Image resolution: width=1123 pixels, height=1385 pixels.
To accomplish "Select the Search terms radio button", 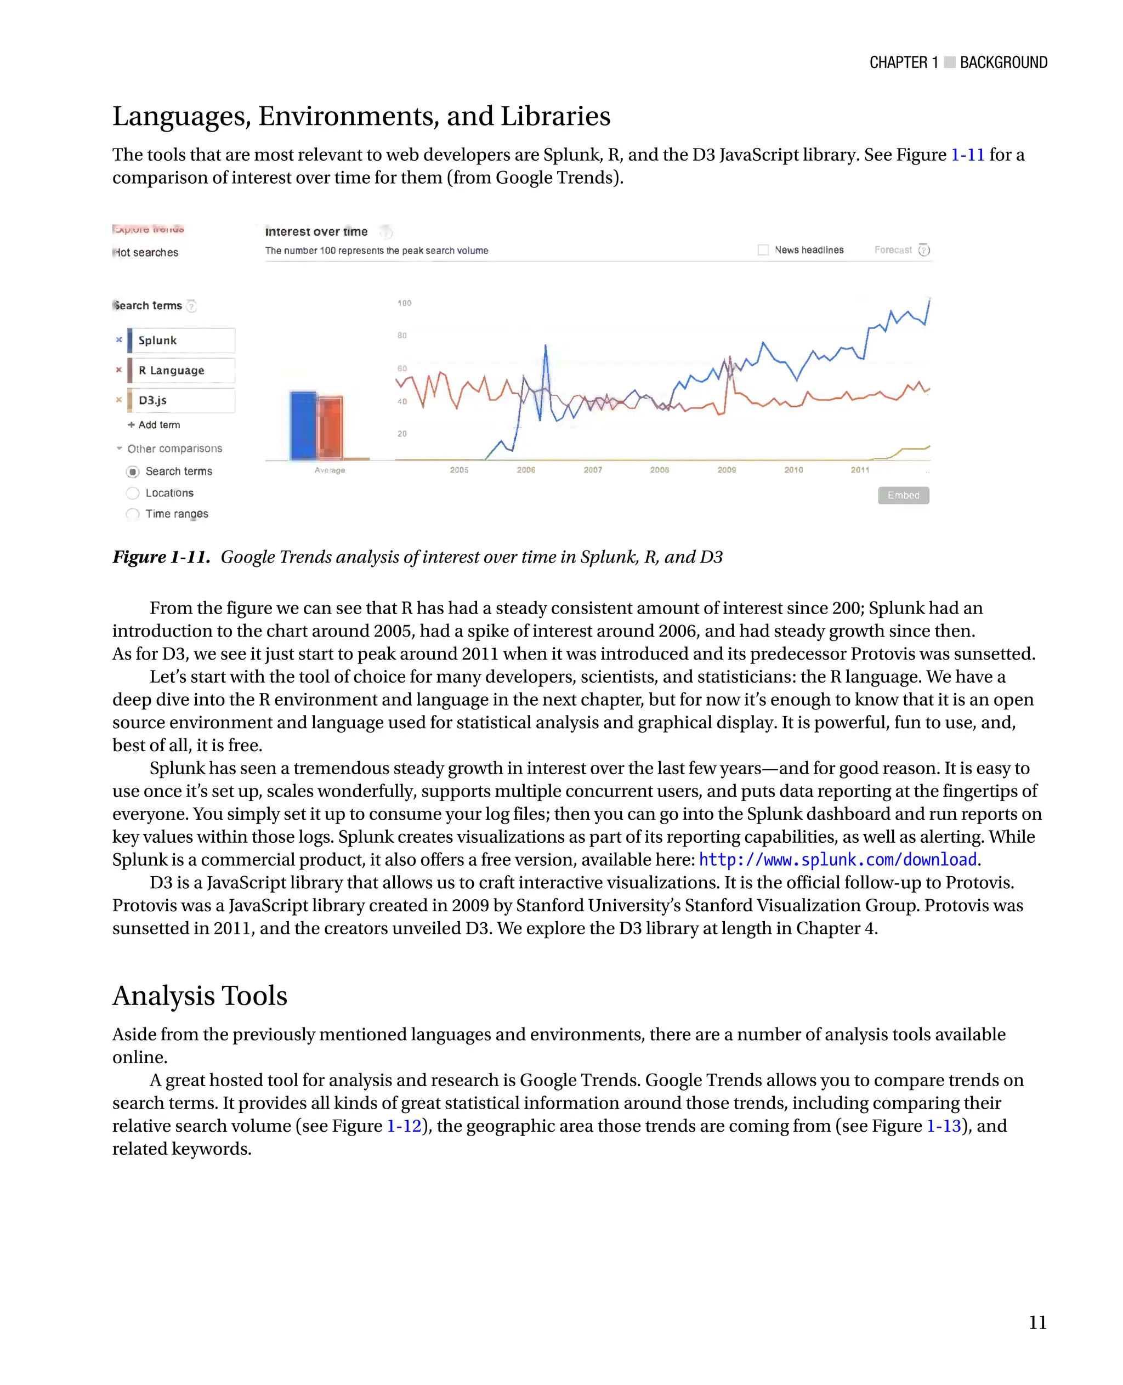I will [133, 472].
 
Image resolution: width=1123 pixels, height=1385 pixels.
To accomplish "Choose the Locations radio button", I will [133, 493].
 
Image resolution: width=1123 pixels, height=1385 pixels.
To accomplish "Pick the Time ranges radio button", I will [133, 514].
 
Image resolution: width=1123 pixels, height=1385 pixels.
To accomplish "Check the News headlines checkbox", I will [763, 249].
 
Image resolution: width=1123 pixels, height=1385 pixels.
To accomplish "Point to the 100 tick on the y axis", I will [404, 303].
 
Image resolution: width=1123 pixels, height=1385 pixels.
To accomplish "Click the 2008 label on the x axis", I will [659, 470].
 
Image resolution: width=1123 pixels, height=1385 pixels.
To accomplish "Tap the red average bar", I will [331, 428].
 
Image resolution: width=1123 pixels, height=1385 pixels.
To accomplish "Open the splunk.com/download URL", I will [838, 860].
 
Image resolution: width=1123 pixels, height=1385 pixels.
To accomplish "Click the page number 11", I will [1037, 1322].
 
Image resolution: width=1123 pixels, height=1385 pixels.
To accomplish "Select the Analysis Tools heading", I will [200, 996].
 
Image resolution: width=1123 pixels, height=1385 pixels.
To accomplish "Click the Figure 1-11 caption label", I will [161, 557].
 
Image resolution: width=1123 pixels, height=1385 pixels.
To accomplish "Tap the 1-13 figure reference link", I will [944, 1126].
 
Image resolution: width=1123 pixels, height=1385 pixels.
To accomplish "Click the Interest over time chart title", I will [316, 231].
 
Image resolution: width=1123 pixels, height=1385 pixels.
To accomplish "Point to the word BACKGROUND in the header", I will [1003, 63].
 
